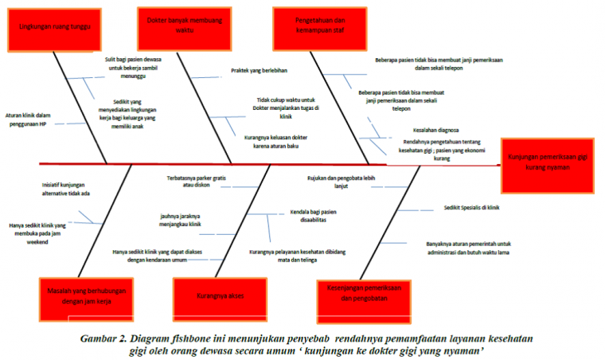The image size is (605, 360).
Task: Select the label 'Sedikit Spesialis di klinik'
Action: (471, 207)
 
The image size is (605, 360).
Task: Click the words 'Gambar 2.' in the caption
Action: (105, 338)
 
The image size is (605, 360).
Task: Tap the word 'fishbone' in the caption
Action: (195, 338)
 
